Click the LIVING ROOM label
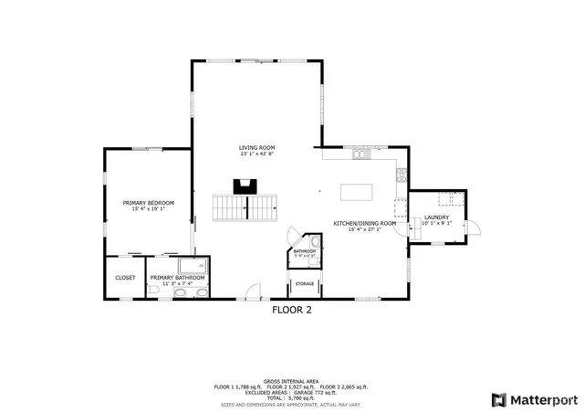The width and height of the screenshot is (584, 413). tap(256, 148)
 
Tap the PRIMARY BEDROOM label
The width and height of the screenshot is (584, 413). tap(149, 202)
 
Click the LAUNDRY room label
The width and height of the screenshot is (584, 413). tap(436, 217)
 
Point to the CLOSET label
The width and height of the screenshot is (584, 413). tap(125, 278)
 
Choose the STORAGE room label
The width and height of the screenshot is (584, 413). tap(305, 284)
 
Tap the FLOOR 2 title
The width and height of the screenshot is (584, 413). tap(292, 310)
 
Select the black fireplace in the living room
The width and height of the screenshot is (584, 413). tap(244, 187)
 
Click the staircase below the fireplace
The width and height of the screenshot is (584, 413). tap(244, 208)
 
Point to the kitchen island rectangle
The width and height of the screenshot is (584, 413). tap(356, 192)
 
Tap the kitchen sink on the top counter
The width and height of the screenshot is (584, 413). tap(360, 154)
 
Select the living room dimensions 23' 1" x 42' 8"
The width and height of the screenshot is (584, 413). tap(256, 154)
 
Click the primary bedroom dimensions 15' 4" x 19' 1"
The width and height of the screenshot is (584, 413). tap(149, 208)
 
